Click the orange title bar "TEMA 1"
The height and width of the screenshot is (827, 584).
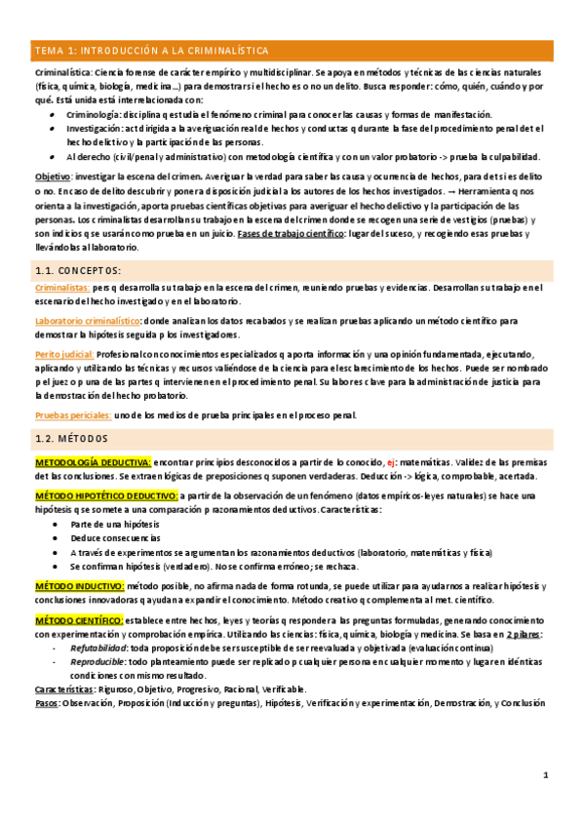pos(292,51)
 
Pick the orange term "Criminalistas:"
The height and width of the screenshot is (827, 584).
pos(61,288)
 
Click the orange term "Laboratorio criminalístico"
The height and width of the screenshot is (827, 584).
pos(87,320)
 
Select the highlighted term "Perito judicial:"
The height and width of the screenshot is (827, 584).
pos(64,353)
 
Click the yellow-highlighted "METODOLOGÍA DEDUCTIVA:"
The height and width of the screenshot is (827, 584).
pos(93,461)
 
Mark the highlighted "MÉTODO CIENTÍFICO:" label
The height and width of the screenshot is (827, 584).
pos(79,620)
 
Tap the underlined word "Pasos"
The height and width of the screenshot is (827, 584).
pos(46,702)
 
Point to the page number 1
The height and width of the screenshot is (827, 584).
pos(546,775)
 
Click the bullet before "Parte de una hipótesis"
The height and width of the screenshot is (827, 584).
pos(52,524)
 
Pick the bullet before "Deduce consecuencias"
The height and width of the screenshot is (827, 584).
pos(52,537)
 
